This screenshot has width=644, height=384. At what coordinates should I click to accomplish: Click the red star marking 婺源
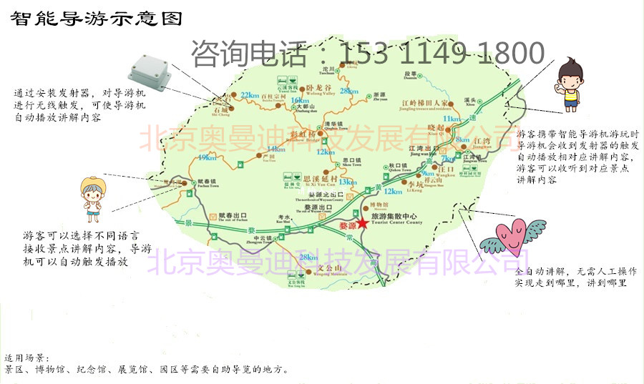[x=363, y=224]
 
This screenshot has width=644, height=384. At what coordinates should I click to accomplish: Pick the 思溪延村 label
[x=320, y=179]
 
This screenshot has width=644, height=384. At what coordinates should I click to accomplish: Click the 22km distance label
[x=250, y=95]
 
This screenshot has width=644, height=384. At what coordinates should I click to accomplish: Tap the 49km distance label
[x=207, y=157]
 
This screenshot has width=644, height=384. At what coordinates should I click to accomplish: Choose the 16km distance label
[x=300, y=101]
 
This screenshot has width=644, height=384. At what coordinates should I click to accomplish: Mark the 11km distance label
[x=452, y=118]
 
